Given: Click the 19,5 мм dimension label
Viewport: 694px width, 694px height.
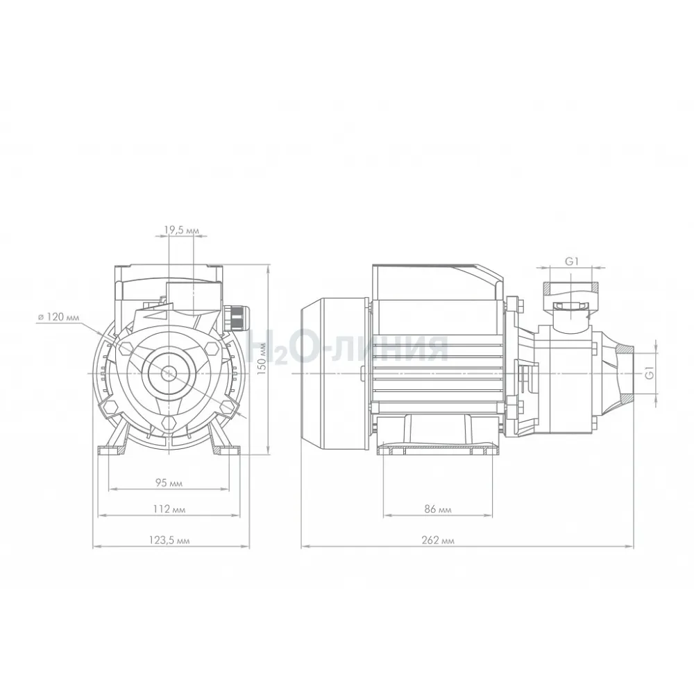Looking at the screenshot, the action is point(182,230).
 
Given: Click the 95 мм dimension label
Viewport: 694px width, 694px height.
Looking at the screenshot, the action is point(169,483).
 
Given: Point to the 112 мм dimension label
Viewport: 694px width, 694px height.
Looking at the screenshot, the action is point(169,509).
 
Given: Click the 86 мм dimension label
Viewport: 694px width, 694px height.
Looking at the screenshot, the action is point(438,509).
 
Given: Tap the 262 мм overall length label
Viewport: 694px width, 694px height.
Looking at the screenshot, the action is point(438,541).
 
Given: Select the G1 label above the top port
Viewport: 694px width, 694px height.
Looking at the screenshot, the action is point(572,262).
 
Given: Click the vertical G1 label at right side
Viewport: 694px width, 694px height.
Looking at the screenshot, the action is point(650,373).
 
